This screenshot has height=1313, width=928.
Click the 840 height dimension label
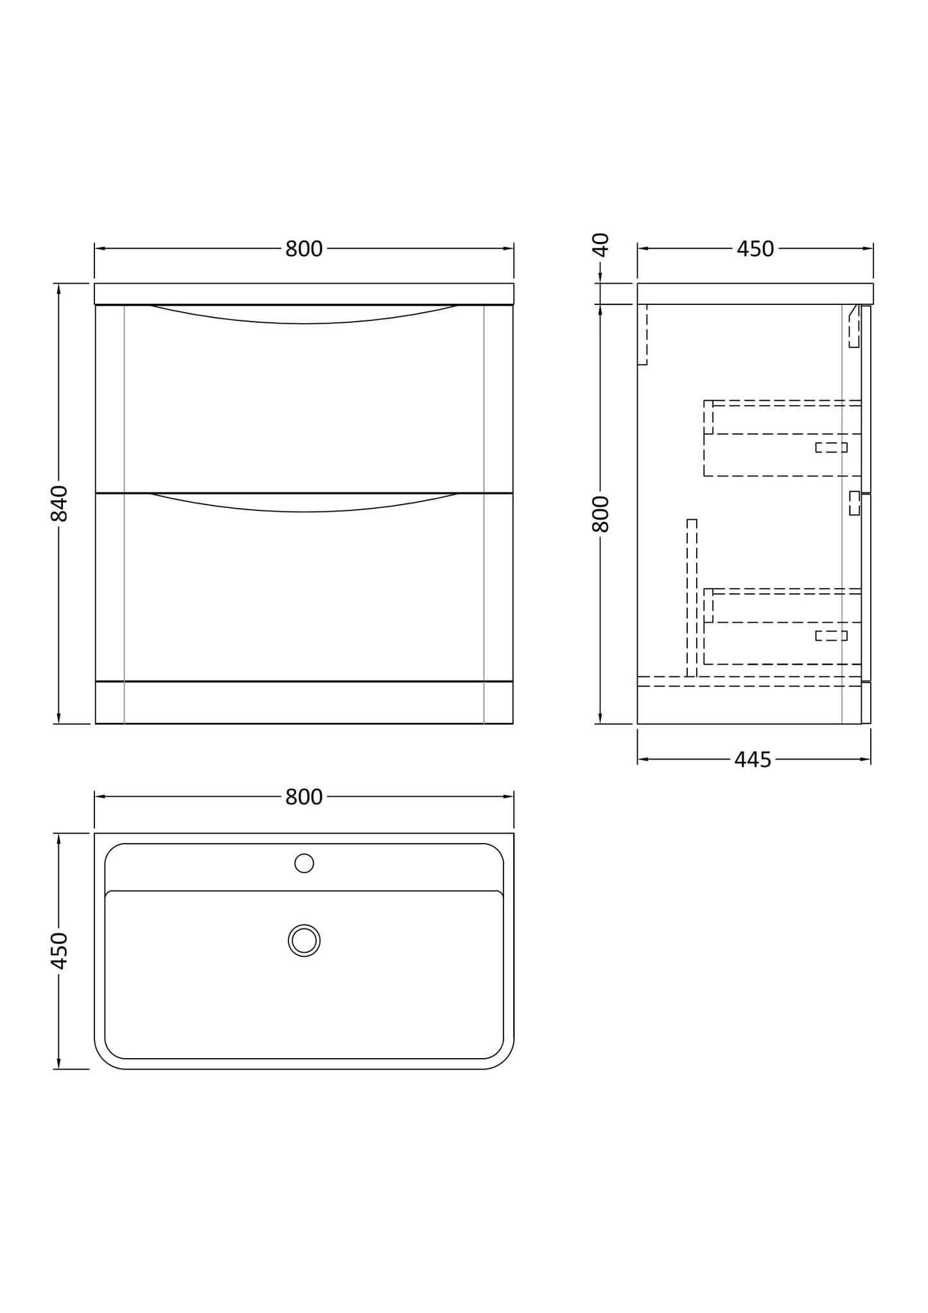coord(59,503)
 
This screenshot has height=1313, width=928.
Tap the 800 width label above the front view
coord(304,249)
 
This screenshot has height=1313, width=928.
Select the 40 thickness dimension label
coord(600,245)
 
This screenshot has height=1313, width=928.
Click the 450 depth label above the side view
coord(755,249)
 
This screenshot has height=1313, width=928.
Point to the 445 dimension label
coord(753,760)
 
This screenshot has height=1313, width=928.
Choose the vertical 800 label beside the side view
coord(600,514)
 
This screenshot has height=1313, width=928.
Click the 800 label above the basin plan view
coord(304,797)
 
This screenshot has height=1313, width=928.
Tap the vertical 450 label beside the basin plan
coord(59,951)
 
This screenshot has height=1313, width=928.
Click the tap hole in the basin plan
coord(304,864)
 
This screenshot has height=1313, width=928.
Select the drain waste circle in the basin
coord(304,941)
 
